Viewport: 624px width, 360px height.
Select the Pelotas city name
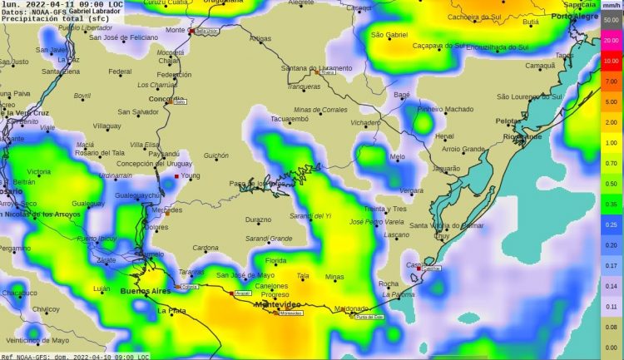click(508, 121)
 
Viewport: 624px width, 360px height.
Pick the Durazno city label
click(258, 219)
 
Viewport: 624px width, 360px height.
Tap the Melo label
click(398, 156)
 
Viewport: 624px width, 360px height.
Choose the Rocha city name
click(388, 284)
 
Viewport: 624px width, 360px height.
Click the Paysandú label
click(164, 154)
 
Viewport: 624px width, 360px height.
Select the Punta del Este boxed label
click(369, 317)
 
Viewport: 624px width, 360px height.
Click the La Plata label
click(172, 310)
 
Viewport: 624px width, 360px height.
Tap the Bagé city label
click(402, 95)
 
